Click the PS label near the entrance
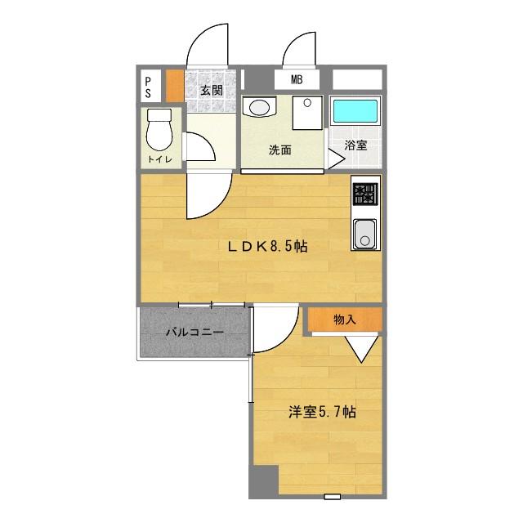pos(148,87)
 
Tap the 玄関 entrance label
pos(212,91)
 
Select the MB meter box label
pos(297,79)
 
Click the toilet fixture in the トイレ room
pos(159,129)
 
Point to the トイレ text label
pos(160,159)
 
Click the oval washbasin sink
pos(260,107)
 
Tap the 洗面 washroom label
pos(279,150)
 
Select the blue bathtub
pos(356,111)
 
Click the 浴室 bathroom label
pos(356,145)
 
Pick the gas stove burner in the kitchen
pos(365,194)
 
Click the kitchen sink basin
pos(365,234)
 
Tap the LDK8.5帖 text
pos(267,247)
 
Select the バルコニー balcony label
pos(194,333)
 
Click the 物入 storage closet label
pos(345,320)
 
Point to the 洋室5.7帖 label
pos(322,412)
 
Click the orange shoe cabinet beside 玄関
pos(175,86)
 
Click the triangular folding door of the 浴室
pos(336,159)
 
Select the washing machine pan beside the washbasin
pos(307,113)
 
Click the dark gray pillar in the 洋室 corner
pos(264,481)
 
